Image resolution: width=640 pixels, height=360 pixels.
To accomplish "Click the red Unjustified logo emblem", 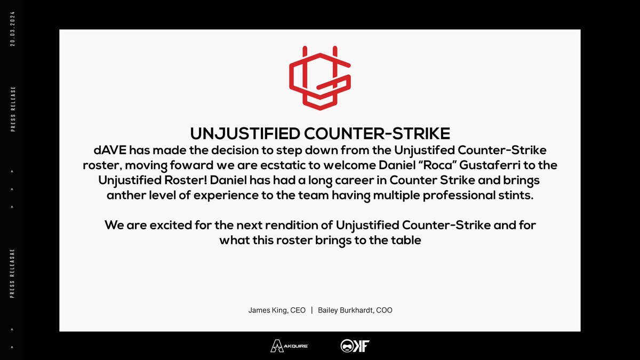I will [319, 78].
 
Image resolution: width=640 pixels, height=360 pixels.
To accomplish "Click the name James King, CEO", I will [277, 310].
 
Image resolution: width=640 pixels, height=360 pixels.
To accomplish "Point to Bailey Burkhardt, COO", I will [355, 310].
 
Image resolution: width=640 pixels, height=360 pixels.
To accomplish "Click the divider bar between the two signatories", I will [311, 310].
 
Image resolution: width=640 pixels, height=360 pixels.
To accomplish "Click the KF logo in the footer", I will [355, 346].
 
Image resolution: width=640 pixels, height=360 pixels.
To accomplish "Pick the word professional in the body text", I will [450, 195].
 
